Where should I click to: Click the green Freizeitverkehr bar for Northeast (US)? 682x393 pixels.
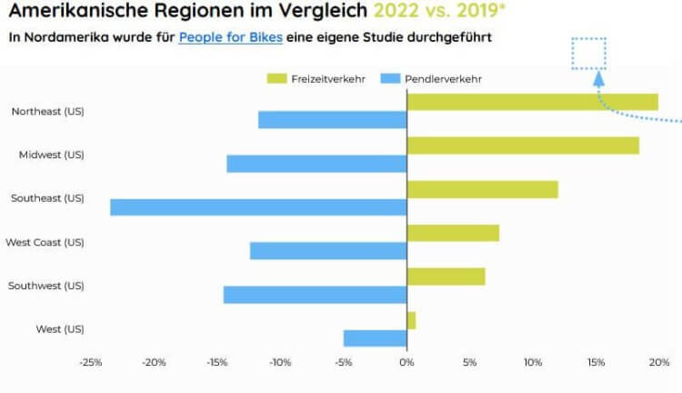click(532, 102)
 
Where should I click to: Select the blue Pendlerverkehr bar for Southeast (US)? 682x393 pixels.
click(258, 207)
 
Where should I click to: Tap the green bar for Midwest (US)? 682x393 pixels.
click(523, 146)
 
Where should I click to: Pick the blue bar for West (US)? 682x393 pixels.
click(375, 338)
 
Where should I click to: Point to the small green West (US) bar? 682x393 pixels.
click(411, 320)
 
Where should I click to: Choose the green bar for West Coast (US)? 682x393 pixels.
click(453, 233)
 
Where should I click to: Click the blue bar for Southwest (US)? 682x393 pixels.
click(315, 295)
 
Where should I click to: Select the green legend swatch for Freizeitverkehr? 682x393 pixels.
click(276, 79)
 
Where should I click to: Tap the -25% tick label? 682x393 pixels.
click(91, 363)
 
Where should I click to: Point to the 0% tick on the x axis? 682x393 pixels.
click(406, 363)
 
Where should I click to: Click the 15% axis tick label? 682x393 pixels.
click(596, 363)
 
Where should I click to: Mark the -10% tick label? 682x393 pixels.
click(280, 363)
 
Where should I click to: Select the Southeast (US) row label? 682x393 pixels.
click(47, 198)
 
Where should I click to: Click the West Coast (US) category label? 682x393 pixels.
click(45, 242)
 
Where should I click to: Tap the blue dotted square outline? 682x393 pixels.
click(588, 54)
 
